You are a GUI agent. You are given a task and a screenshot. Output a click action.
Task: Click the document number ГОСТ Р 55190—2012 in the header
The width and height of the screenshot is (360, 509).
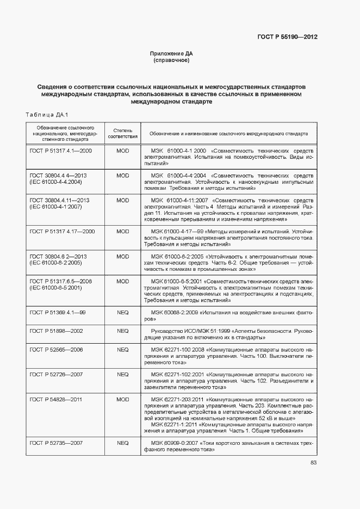(x=287, y=37)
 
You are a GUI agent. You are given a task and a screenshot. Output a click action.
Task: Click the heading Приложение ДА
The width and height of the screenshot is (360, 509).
(x=171, y=53)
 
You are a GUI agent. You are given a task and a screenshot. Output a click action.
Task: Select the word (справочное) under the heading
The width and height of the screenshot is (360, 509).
(x=171, y=60)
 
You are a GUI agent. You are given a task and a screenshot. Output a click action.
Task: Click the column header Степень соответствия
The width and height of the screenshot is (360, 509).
(x=123, y=133)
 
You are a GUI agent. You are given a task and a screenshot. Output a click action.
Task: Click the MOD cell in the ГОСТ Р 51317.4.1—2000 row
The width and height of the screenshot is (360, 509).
(x=123, y=150)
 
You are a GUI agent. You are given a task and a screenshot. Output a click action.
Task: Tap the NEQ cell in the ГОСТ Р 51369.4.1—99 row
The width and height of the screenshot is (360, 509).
(x=123, y=313)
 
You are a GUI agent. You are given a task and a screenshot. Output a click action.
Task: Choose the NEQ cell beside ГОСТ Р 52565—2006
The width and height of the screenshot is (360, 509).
(x=123, y=349)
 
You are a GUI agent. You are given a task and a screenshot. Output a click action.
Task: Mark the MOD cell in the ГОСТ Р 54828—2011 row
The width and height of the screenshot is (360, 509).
(x=123, y=400)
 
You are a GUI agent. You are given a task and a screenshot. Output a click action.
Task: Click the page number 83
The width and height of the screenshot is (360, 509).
(x=313, y=463)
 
